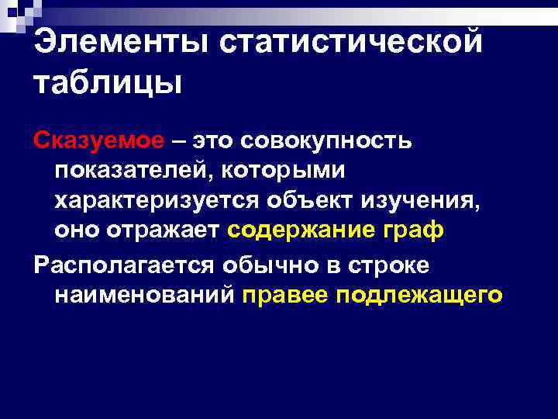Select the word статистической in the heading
pos(350,42)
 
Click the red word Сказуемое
pos(98,141)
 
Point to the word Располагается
pos(124,265)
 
